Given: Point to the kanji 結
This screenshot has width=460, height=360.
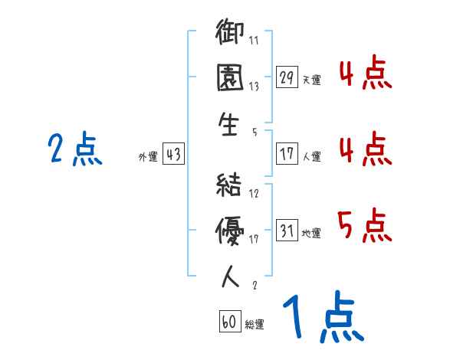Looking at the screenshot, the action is pos(231,185).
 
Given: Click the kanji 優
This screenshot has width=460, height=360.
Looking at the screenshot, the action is pos(231,228).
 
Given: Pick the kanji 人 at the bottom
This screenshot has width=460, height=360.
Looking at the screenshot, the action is pos(231,276).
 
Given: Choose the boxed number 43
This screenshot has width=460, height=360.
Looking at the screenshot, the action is pos(173,155).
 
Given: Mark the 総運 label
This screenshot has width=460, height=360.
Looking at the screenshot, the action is pos(255,325).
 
